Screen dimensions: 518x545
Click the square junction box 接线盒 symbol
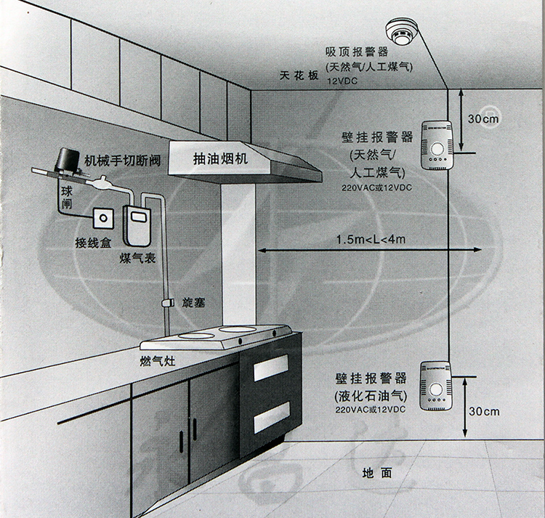(102, 216)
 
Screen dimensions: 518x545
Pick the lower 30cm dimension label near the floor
(484, 411)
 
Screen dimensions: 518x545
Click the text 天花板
(299, 76)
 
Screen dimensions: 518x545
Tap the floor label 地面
(377, 473)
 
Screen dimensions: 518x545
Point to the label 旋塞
(193, 302)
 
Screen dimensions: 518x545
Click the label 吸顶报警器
(358, 52)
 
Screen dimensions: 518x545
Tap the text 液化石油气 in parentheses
(371, 397)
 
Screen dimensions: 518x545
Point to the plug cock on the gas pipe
(168, 302)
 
